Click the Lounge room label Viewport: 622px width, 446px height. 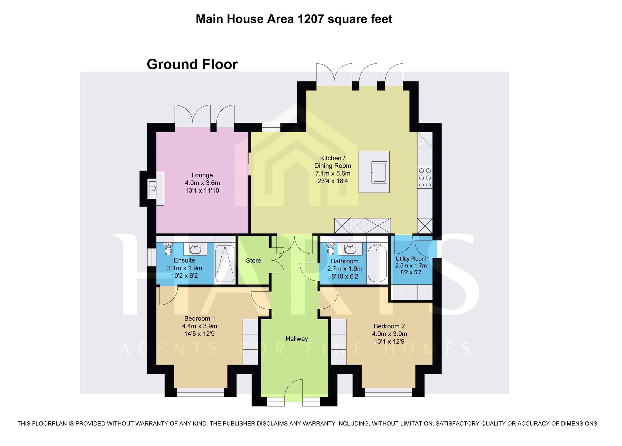(x=202, y=175)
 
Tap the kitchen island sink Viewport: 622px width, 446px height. (x=380, y=172)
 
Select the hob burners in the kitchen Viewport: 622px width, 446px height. (x=425, y=177)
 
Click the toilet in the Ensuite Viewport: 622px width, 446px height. (x=168, y=249)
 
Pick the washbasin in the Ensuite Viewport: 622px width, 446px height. (x=195, y=249)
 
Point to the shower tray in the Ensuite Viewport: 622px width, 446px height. (x=225, y=264)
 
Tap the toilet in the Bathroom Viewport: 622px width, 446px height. (x=331, y=249)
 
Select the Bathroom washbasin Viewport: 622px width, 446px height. (x=350, y=249)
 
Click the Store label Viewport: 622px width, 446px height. (x=254, y=261)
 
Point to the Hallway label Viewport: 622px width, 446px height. (x=297, y=339)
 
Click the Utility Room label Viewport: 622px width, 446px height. (x=411, y=259)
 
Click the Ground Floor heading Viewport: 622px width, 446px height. (x=192, y=64)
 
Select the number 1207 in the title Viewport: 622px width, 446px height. (x=310, y=19)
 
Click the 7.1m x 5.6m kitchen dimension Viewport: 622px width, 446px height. (x=333, y=173)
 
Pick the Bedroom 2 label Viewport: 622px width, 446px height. (x=389, y=326)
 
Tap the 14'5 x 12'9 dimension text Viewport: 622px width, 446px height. (x=200, y=334)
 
